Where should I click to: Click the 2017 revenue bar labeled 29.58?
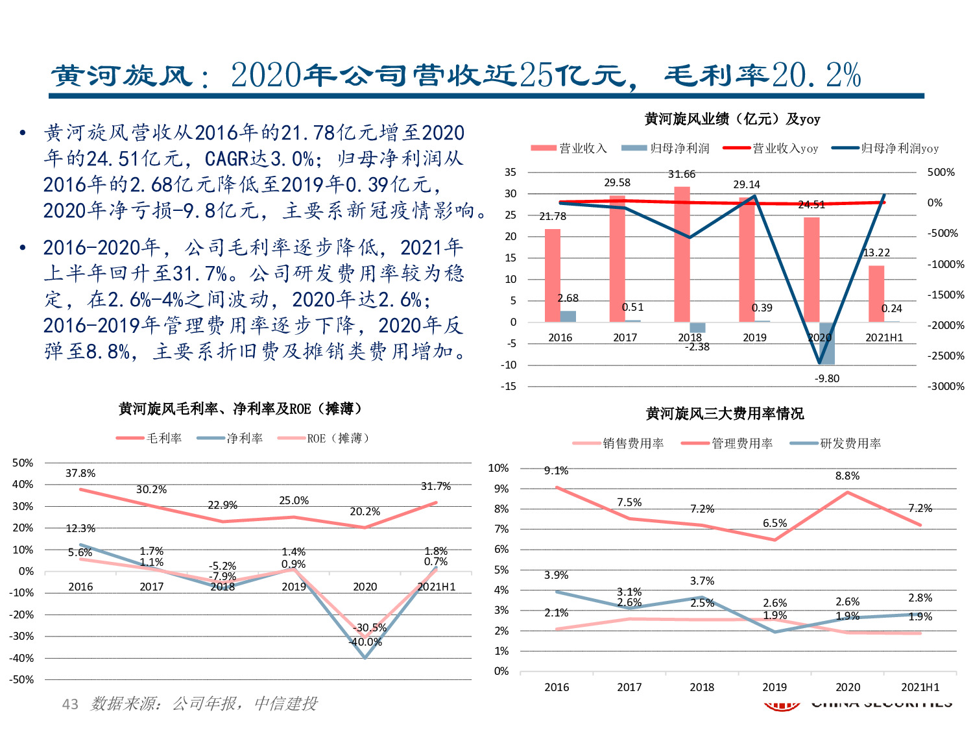(617, 258)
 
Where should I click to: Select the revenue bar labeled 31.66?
(682, 254)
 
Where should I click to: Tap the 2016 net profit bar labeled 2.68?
(568, 317)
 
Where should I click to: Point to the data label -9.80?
(827, 378)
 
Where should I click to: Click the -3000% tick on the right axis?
(945, 386)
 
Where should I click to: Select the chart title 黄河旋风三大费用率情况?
(725, 413)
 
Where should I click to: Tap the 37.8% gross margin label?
(80, 474)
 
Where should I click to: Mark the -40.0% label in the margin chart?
(365, 642)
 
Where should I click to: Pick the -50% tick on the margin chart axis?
(23, 679)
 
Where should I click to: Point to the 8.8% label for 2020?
(847, 476)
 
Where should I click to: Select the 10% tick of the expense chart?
(498, 468)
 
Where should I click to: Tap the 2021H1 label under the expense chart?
(920, 687)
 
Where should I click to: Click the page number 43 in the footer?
(70, 704)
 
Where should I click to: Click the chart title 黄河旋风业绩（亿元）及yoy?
(732, 119)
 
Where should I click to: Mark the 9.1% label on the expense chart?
(556, 470)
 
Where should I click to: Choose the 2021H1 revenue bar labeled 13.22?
(876, 293)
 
